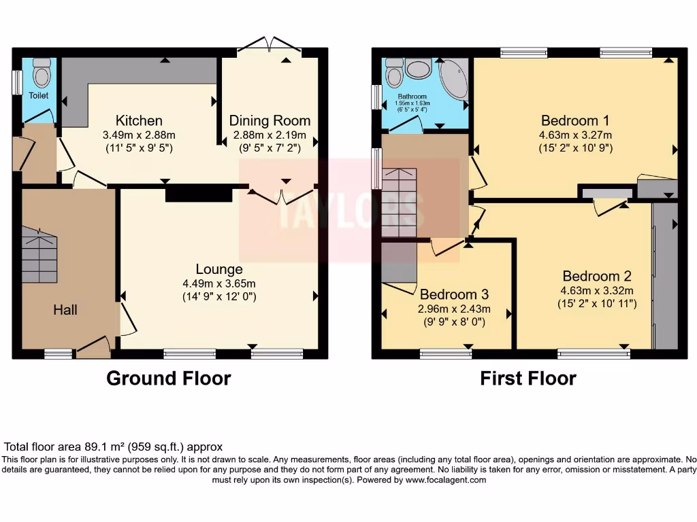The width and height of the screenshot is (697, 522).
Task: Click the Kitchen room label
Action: tap(139, 121)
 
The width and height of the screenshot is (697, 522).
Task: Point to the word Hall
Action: tap(65, 310)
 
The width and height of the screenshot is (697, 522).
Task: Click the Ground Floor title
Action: tap(168, 379)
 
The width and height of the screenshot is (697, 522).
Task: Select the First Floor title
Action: tap(528, 379)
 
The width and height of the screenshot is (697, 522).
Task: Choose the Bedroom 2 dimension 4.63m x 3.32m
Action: tap(596, 290)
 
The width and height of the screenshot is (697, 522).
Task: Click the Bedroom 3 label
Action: tap(454, 294)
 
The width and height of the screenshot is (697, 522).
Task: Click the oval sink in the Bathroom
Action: tap(416, 69)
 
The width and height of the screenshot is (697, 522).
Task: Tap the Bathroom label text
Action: tap(412, 97)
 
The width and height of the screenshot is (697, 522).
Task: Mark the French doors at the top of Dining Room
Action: tap(270, 48)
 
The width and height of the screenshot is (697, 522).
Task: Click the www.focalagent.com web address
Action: tap(446, 480)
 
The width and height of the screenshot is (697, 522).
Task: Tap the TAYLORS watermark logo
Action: tap(347, 211)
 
